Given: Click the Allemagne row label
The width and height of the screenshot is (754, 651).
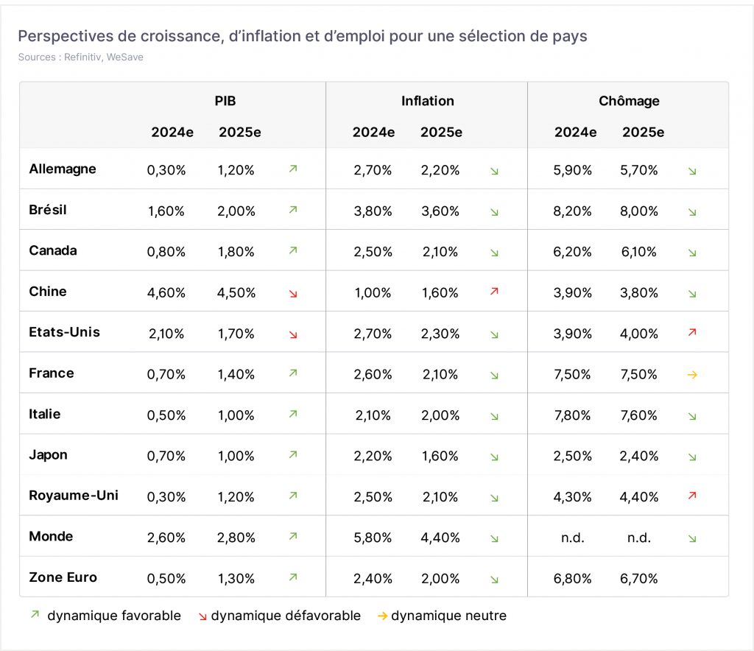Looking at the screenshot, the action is click(x=63, y=169).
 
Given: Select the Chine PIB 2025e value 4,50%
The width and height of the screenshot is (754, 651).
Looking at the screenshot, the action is click(x=236, y=293).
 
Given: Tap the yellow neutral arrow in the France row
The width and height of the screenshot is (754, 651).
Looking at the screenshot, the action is click(x=692, y=375).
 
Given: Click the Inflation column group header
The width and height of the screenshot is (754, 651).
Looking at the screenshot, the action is click(x=428, y=101).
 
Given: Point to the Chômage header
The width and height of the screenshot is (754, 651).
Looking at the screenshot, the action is click(x=629, y=101).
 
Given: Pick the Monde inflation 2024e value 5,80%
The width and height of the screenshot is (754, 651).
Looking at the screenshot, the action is click(x=373, y=538).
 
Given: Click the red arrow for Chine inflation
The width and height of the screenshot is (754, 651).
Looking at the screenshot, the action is click(x=494, y=292).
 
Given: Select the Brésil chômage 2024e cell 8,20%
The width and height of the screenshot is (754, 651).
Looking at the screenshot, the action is click(x=572, y=211).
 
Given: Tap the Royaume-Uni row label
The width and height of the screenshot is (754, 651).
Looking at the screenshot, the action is click(x=74, y=495).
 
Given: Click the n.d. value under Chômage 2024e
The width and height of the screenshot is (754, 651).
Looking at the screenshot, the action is click(x=573, y=538).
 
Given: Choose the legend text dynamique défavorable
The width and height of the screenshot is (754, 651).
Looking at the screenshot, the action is click(x=286, y=616).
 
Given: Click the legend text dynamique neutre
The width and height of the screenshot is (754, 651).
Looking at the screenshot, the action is click(x=448, y=616).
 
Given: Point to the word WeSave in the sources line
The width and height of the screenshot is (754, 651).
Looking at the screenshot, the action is click(x=125, y=57).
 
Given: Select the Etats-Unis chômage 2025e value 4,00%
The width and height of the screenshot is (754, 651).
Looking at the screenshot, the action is click(x=638, y=334).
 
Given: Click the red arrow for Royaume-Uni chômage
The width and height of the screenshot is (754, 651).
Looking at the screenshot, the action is click(x=692, y=495).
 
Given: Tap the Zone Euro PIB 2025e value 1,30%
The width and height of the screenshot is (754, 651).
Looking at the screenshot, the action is click(x=236, y=578).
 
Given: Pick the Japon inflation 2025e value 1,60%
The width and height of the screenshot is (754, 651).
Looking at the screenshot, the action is click(x=440, y=456).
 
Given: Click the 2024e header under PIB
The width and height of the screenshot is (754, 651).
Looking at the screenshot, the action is click(x=172, y=133).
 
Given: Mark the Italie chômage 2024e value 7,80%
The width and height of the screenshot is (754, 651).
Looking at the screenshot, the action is click(x=572, y=415).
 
